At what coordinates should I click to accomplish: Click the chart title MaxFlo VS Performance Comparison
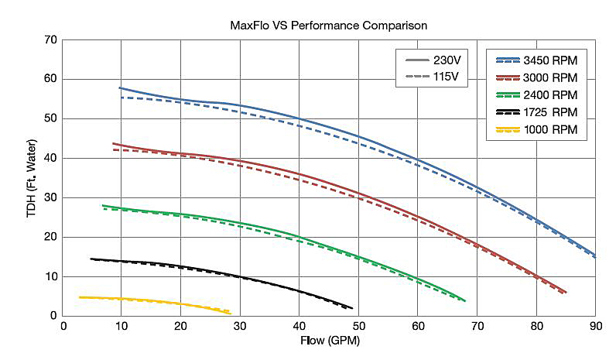329,25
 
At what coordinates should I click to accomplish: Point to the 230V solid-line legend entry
433,60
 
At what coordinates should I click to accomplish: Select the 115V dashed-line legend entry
433,77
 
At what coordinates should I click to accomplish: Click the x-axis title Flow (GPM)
329,341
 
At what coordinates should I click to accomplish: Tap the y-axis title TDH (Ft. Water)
32,177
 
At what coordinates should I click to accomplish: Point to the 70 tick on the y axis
51,39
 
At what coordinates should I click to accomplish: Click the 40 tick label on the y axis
51,158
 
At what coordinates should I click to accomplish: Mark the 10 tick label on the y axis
51,276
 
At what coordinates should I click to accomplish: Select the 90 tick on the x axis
595,327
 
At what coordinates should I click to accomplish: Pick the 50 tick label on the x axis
358,327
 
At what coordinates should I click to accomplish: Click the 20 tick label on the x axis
181,327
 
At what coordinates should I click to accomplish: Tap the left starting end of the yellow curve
80,297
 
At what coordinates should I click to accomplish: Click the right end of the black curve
352,308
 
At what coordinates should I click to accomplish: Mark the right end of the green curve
465,300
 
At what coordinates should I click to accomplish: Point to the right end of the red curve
566,293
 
